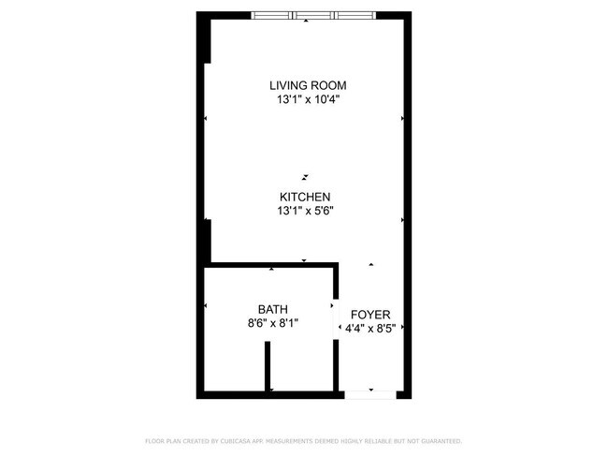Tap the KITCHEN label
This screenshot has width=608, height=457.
[305, 197]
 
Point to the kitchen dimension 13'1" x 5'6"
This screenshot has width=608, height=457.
[305, 211]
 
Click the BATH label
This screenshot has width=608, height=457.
[273, 309]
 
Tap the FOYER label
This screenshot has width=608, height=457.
[370, 315]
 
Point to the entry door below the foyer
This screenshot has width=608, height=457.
[370, 394]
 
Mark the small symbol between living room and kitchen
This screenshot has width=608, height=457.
[305, 175]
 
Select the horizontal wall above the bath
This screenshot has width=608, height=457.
[271, 265]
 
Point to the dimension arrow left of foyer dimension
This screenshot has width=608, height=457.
[339, 328]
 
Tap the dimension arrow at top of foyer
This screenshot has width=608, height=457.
[371, 265]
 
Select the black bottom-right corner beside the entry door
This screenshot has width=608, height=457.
[404, 394]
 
